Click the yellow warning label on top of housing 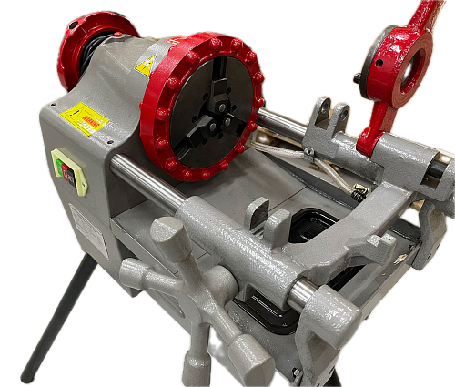tap(85, 119)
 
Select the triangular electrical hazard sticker tap(145, 65)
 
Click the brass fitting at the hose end tap(357, 193)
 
